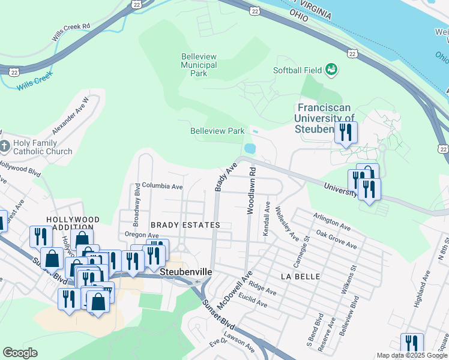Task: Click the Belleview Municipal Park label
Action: (199, 65)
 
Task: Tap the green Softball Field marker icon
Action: (331, 70)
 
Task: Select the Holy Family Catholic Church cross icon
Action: (5, 146)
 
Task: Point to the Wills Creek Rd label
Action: (70, 32)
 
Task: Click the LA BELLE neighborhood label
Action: (298, 276)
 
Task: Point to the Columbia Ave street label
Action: (162, 187)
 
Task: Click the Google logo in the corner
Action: (20, 353)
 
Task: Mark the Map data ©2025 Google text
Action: (412, 355)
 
